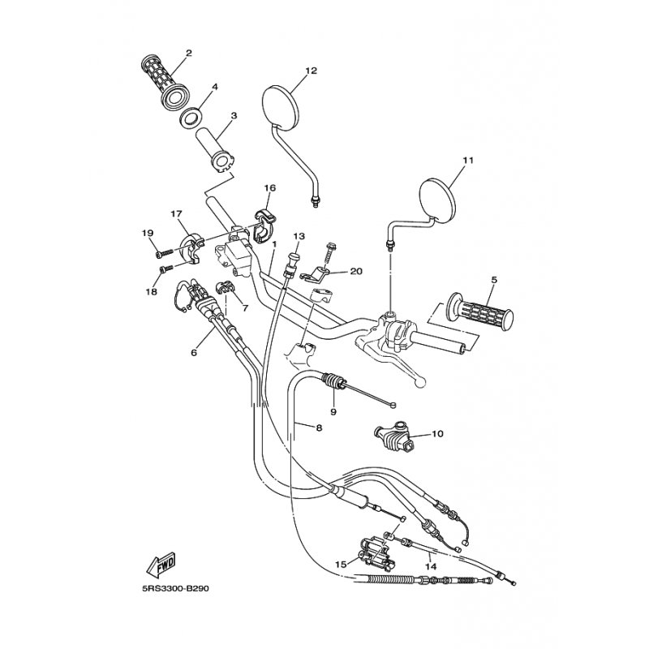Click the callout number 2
[x=187, y=54]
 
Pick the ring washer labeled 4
[x=191, y=116]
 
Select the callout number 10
[x=437, y=434]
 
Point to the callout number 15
[x=341, y=562]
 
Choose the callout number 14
[x=431, y=567]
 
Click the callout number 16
[x=270, y=188]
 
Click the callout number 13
[x=298, y=236]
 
